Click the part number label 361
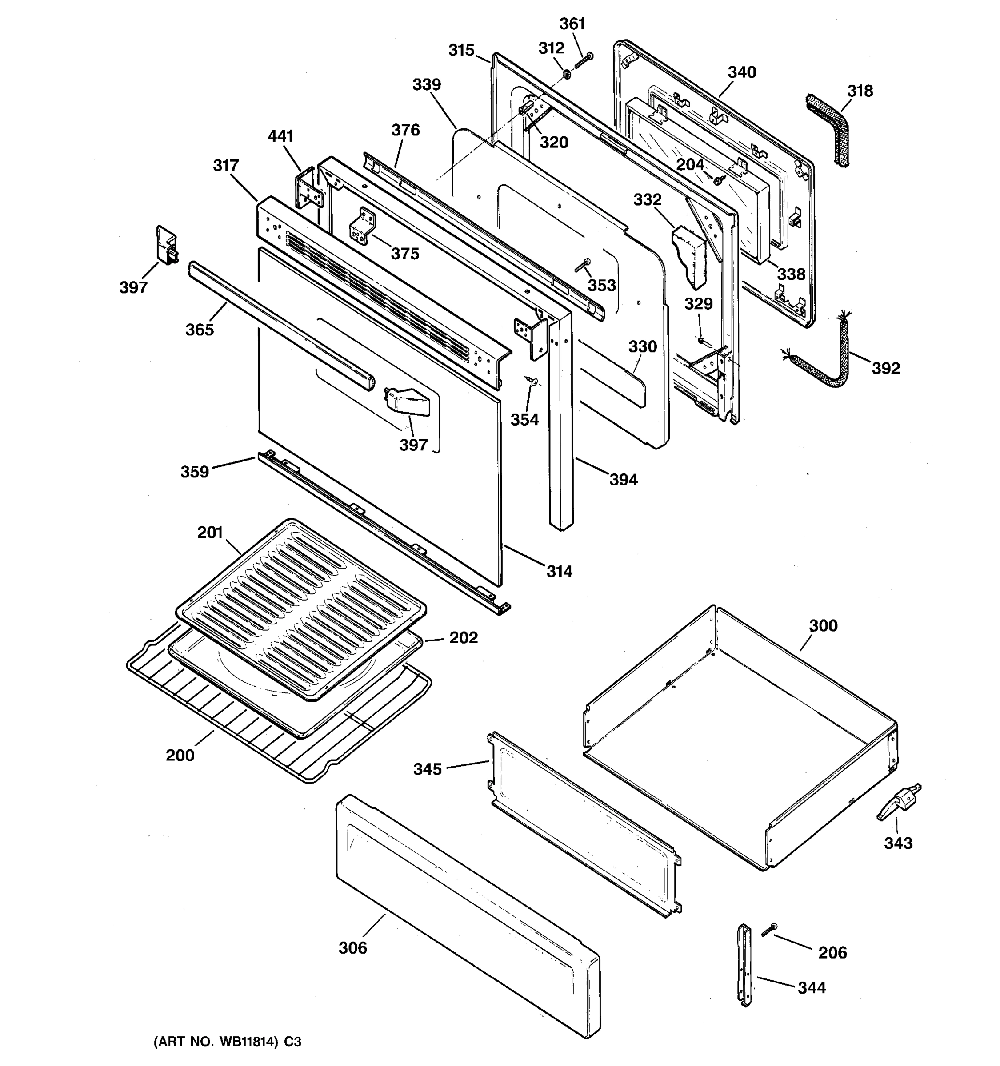pos(572,24)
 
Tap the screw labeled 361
pos(583,60)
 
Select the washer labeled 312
pos(567,72)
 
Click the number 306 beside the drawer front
pos(353,948)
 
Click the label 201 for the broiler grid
pos(210,533)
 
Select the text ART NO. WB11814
pos(216,1042)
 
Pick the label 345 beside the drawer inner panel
pos(428,769)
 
